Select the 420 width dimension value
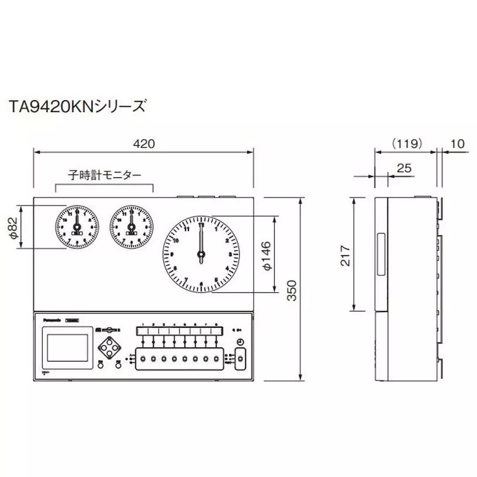(143, 144)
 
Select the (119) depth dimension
(406, 143)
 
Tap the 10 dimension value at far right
(458, 143)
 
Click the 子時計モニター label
(104, 174)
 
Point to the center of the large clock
(201, 254)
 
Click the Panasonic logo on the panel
(52, 319)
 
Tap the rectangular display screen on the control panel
(66, 347)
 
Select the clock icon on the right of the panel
(240, 342)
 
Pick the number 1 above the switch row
(143, 324)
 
